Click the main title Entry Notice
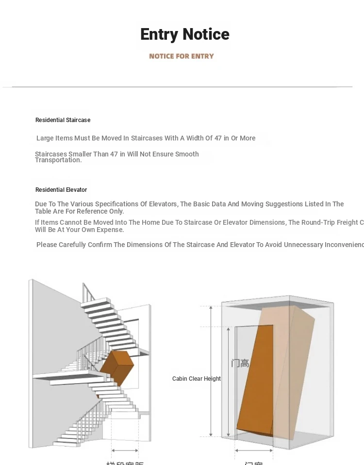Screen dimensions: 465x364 (184, 34)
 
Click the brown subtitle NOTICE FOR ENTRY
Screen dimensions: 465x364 (181, 56)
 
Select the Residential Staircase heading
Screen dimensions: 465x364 (63, 120)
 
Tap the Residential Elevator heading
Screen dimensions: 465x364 (61, 190)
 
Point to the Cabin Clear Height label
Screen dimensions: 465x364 (196, 379)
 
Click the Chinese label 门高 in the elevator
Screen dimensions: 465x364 (240, 363)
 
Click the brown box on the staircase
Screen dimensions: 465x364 (117, 368)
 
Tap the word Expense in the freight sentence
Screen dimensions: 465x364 (109, 230)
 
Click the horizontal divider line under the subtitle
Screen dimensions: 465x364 (182, 87)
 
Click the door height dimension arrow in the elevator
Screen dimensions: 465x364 (229, 380)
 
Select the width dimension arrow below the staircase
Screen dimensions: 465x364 (125, 451)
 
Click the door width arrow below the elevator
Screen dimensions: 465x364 (253, 450)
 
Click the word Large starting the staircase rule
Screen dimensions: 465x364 (45, 139)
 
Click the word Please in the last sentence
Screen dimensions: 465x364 (47, 245)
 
